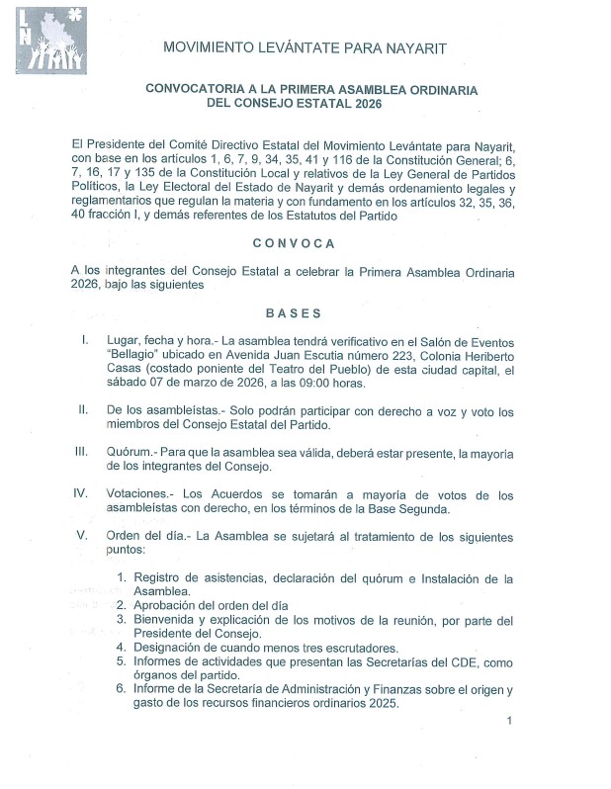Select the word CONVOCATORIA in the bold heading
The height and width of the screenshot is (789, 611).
click(x=194, y=89)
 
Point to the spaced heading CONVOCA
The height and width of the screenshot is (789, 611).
click(x=294, y=242)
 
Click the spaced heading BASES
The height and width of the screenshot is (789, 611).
click(x=293, y=313)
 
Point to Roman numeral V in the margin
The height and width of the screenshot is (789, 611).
click(x=83, y=537)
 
